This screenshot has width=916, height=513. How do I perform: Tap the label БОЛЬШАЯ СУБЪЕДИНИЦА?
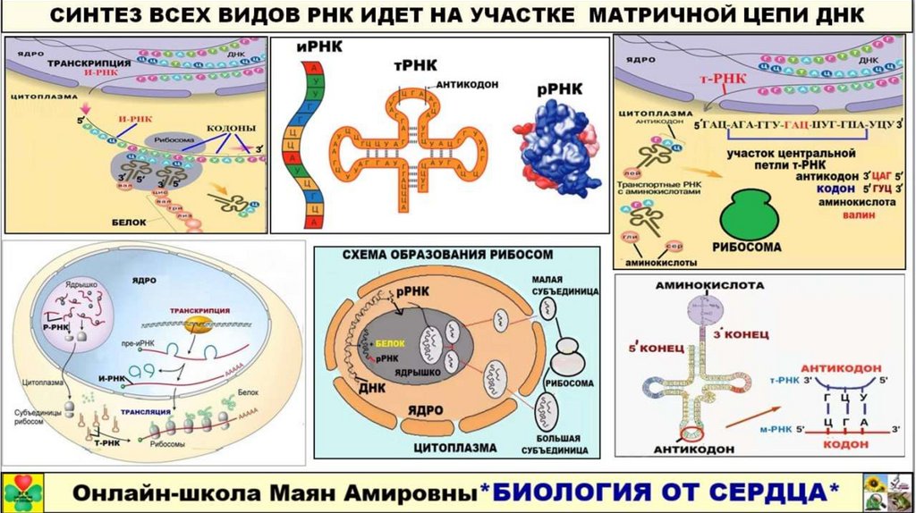point(560,444)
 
